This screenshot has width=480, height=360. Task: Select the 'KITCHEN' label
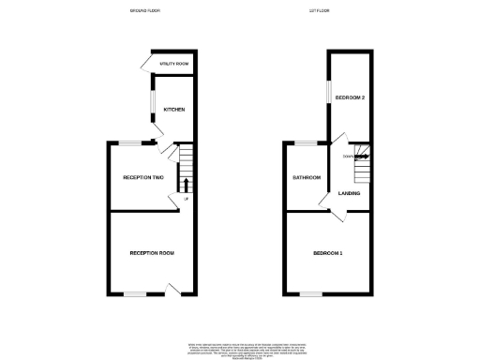point(174,110)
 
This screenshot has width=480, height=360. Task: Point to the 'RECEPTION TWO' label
point(143,177)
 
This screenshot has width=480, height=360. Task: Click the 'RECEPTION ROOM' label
point(152,253)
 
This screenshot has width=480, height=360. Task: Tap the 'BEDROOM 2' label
point(350,97)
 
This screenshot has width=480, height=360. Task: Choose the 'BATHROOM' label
point(307,177)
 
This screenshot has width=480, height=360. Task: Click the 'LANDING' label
point(350,193)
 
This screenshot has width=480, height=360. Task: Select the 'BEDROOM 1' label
point(328,253)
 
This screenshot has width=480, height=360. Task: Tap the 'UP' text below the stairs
point(187,199)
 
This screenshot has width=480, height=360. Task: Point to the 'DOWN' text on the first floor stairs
point(348,156)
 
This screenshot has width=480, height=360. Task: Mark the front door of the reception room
point(172,289)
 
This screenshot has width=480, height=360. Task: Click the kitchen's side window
point(153,106)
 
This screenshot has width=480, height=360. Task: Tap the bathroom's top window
point(306,142)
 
